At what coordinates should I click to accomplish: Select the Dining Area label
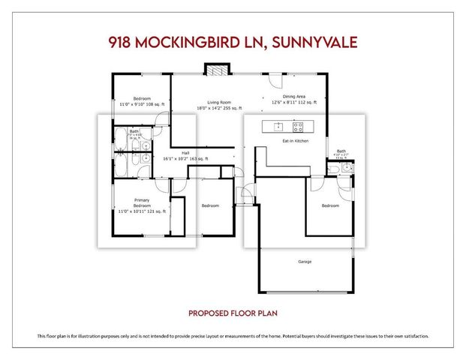pyautogui.click(x=294, y=96)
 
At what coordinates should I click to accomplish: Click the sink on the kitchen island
pyautogui.click(x=277, y=126)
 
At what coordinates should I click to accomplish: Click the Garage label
pyautogui.click(x=304, y=261)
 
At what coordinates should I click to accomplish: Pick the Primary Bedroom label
pyautogui.click(x=142, y=203)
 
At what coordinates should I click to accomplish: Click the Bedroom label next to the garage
pyautogui.click(x=331, y=205)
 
